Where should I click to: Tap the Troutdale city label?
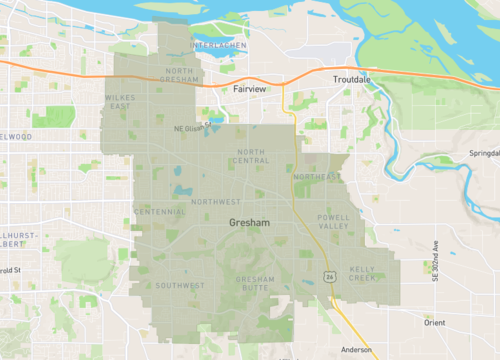(352, 78)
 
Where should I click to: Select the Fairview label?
(249, 89)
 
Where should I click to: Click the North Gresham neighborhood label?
(180, 76)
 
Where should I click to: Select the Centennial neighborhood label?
(160, 212)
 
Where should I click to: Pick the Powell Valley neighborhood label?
(333, 223)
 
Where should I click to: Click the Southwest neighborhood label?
(180, 285)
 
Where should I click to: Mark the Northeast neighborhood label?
(317, 177)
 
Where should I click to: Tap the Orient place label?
(434, 322)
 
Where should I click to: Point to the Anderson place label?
(356, 350)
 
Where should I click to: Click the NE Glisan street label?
(188, 128)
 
